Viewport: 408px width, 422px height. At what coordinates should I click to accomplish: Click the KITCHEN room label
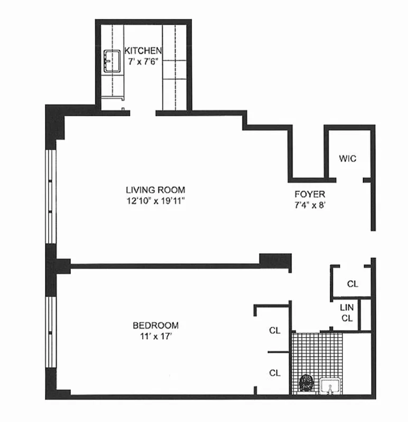143,51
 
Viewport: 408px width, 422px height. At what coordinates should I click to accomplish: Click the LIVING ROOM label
155,190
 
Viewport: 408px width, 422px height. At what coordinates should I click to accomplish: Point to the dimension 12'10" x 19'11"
155,200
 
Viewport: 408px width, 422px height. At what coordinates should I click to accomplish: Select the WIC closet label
347,158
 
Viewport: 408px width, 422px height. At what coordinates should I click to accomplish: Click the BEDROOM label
155,325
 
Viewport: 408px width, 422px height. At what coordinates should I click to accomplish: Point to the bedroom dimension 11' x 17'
155,336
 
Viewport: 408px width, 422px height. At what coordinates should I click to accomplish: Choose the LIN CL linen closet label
347,312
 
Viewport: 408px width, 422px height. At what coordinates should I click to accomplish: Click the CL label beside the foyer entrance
353,284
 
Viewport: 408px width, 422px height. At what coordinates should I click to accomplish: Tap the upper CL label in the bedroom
274,331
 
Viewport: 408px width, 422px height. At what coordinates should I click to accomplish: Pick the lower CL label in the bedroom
274,373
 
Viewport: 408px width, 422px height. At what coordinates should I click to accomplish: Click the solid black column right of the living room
275,261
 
